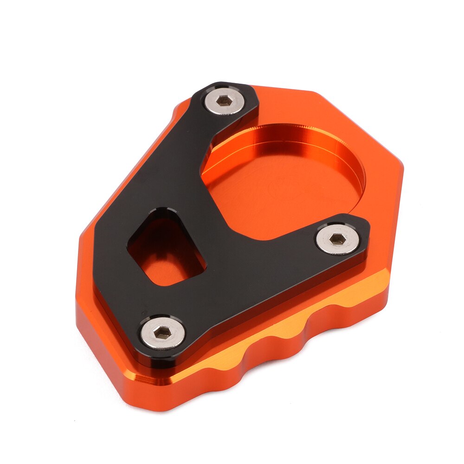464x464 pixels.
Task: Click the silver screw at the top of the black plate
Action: click(225, 100)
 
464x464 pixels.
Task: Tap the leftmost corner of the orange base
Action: click(77, 302)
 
